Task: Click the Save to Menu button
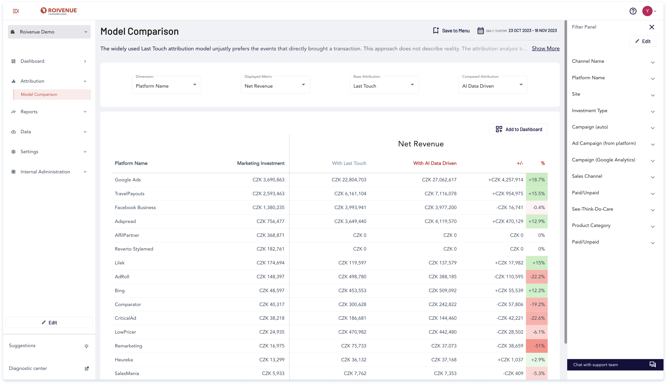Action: [x=451, y=31]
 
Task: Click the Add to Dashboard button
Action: [x=519, y=129]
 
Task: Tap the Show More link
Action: [x=545, y=49]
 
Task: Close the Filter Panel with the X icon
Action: [x=651, y=27]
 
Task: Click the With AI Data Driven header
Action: [x=435, y=163]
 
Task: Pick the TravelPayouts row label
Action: [x=129, y=194]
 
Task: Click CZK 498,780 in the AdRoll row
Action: [x=352, y=277]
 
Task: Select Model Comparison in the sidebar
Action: [x=39, y=94]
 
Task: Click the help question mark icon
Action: [x=633, y=11]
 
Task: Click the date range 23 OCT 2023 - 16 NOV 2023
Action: [x=533, y=31]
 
